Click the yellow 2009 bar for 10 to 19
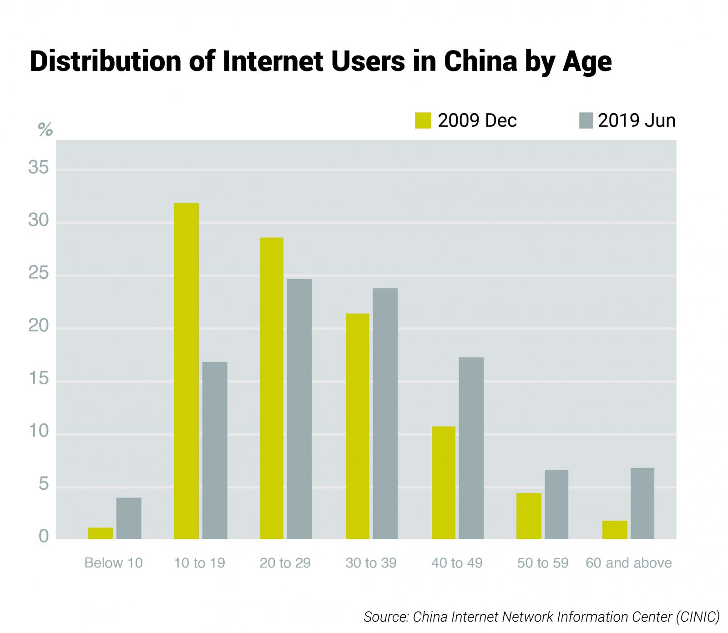click(x=187, y=371)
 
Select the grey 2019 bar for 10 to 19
click(x=215, y=450)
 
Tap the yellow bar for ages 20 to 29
click(x=271, y=388)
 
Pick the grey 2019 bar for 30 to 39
click(x=385, y=413)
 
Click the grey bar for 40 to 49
click(x=471, y=448)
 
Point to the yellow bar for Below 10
click(x=100, y=533)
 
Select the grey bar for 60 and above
click(x=642, y=503)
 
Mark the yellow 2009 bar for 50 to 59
click(x=529, y=516)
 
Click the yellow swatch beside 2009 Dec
click(x=423, y=121)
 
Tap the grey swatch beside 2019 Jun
click(x=586, y=121)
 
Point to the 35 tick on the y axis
click(x=38, y=168)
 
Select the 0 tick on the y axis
click(x=44, y=537)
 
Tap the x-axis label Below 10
click(x=113, y=563)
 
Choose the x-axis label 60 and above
click(x=628, y=563)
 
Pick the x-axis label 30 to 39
click(x=371, y=563)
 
